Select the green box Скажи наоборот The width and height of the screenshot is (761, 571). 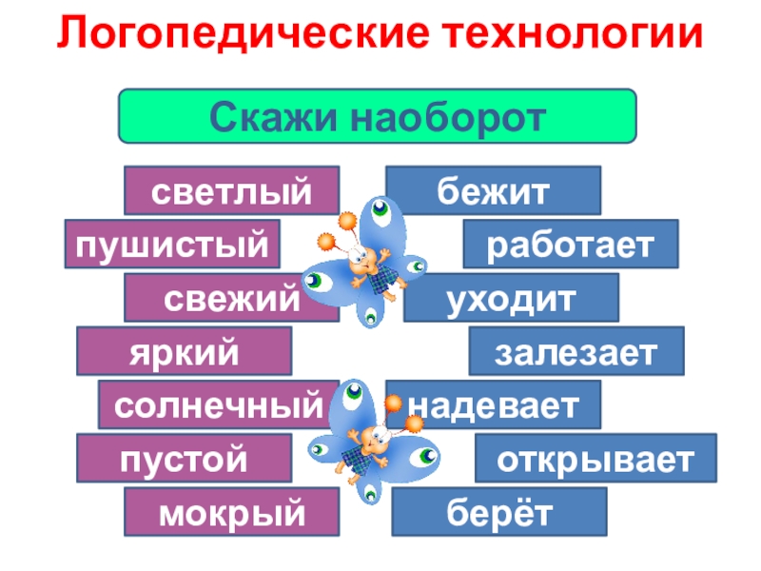[377, 116]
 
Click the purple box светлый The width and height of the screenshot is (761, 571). [231, 190]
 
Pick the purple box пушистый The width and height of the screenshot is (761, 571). [172, 244]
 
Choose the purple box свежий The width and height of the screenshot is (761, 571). [231, 298]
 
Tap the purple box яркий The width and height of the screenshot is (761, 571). [184, 351]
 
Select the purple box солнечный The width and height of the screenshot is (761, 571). [218, 405]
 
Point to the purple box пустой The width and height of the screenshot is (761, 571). [184, 459]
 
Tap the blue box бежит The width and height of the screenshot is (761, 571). [493, 190]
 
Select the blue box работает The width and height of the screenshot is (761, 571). [571, 244]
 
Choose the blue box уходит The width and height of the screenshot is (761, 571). [511, 298]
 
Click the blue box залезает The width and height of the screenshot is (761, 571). [576, 351]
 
